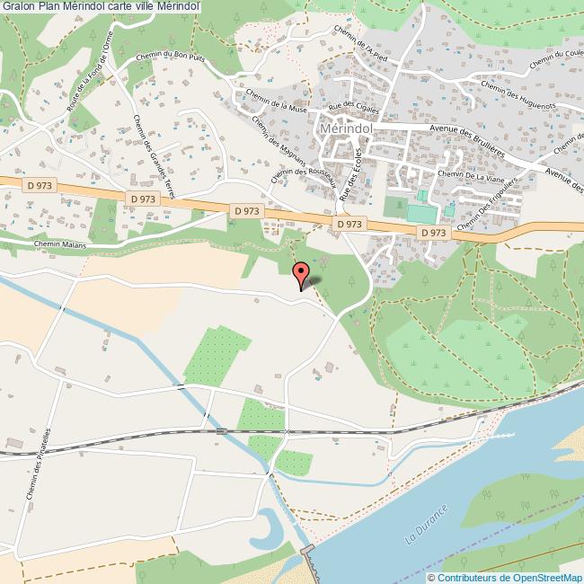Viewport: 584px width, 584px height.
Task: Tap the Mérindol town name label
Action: [x=346, y=128]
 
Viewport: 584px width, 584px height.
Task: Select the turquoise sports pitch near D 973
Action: [x=420, y=213]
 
